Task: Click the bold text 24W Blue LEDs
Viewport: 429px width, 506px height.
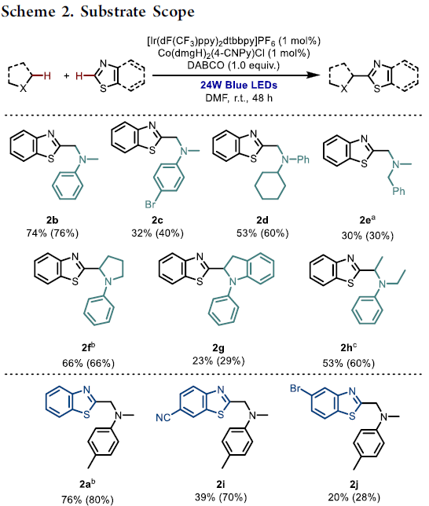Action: [x=239, y=85]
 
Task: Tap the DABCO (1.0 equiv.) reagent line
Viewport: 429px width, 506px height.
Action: [x=233, y=65]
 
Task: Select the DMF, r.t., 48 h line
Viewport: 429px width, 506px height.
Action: [x=239, y=97]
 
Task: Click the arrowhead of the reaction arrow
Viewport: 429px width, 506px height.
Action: [x=313, y=75]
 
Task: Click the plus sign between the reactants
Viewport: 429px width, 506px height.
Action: [x=67, y=76]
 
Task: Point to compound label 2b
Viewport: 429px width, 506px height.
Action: [x=53, y=220]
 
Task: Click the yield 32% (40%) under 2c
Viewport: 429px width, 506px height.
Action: [x=157, y=233]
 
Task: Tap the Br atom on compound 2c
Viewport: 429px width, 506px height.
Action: [x=150, y=204]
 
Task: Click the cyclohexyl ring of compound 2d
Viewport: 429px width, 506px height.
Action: [x=270, y=185]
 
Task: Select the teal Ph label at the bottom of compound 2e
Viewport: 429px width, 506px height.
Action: [x=398, y=191]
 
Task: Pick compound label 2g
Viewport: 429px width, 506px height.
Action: [x=218, y=348]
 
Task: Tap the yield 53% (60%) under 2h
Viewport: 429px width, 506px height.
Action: [x=349, y=363]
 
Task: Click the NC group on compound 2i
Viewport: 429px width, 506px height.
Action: [x=163, y=417]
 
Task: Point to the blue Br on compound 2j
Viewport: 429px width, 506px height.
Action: [x=295, y=388]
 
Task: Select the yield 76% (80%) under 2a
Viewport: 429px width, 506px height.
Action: [x=87, y=500]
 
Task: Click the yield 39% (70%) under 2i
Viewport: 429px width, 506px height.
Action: [x=221, y=497]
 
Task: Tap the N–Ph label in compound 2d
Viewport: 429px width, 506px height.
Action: [x=295, y=159]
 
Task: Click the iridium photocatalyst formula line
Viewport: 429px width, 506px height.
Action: [x=233, y=42]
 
